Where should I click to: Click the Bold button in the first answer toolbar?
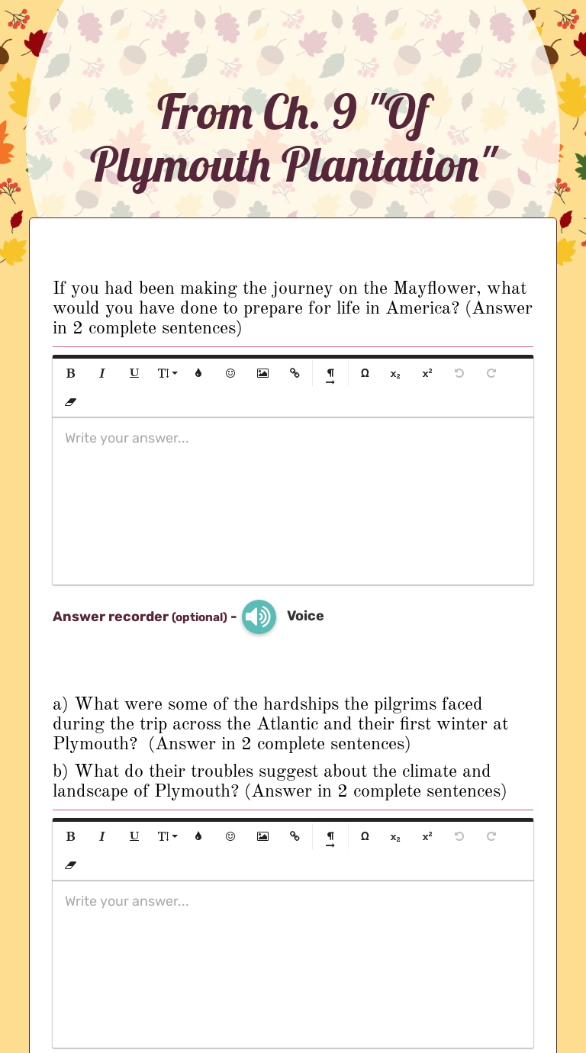point(71,373)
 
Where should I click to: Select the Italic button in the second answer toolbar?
point(102,836)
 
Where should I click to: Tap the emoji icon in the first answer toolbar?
point(230,373)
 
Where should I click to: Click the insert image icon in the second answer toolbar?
point(262,836)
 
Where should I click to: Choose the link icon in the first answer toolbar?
point(295,373)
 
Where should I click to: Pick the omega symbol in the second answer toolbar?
point(365,836)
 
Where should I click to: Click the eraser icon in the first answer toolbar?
point(71,401)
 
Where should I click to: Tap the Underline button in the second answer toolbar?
point(134,836)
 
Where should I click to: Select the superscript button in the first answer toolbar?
point(427,373)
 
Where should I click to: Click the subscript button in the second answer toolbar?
point(395,836)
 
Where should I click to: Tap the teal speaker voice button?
point(259,617)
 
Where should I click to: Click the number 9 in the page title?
point(345,112)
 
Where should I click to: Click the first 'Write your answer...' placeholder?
point(127,438)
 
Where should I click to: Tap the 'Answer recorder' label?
point(110,617)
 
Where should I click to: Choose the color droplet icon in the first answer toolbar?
point(198,373)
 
